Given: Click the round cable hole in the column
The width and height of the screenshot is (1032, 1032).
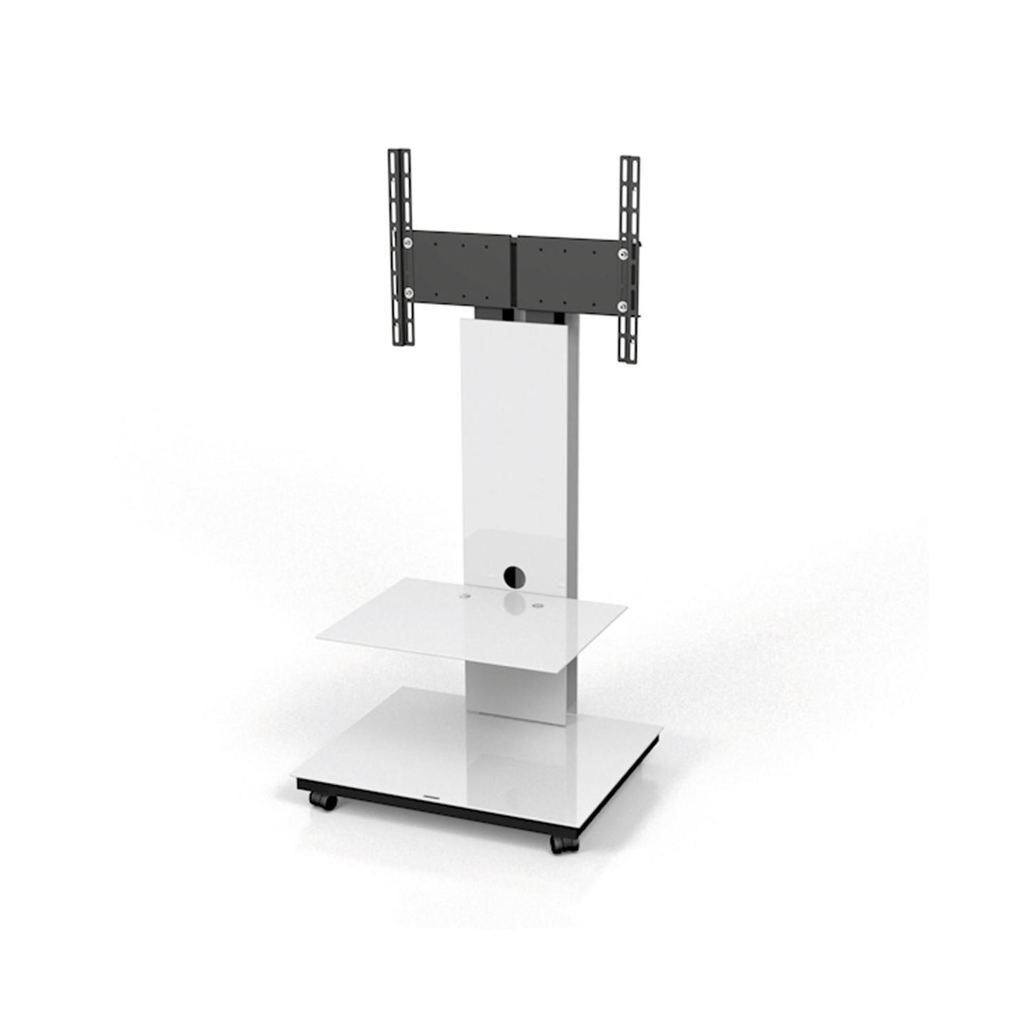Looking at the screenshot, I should click(x=513, y=574).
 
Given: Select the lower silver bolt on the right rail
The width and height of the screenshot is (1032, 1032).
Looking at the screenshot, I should click(x=623, y=305).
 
